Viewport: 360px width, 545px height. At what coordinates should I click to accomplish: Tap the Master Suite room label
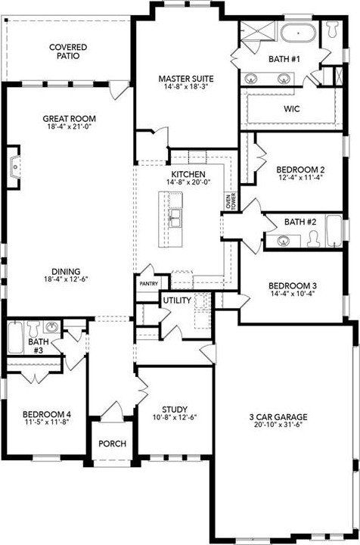(x=185, y=78)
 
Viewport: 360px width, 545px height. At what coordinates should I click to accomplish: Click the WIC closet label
(x=292, y=109)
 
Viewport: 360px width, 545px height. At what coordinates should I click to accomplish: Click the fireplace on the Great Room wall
(x=13, y=168)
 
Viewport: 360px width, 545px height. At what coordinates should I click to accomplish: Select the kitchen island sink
(x=175, y=219)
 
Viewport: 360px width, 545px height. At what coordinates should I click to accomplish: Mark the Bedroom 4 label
(x=46, y=414)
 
